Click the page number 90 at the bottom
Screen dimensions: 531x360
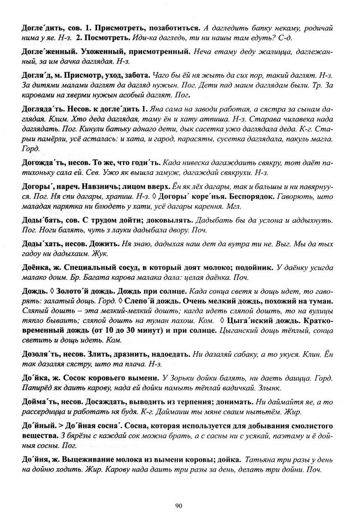(x=178, y=506)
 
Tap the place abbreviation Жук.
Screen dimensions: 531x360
(x=102, y=254)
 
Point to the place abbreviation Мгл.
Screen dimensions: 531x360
(x=234, y=206)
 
